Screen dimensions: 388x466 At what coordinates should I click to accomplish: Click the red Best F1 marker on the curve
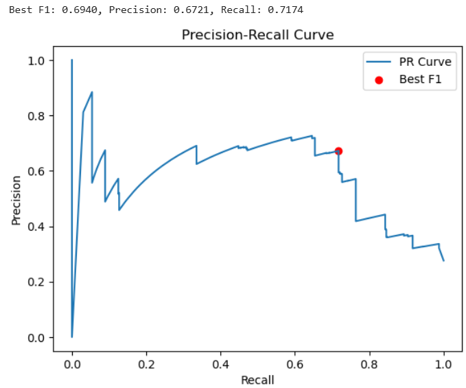[338, 151]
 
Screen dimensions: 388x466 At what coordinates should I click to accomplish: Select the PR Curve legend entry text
[425, 62]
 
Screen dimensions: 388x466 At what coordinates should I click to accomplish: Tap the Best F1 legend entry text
[419, 79]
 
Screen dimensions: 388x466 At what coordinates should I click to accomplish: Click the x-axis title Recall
[257, 380]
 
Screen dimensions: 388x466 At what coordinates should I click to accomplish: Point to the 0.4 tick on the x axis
[220, 364]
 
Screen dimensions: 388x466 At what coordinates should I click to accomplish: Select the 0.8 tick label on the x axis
[369, 364]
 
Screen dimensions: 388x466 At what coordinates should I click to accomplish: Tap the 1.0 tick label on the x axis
[443, 364]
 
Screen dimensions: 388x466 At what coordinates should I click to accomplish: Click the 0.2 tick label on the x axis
[146, 364]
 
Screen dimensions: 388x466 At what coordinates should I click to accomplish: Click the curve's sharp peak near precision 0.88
[92, 92]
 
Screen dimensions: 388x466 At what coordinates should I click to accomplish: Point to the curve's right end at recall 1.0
[443, 260]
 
